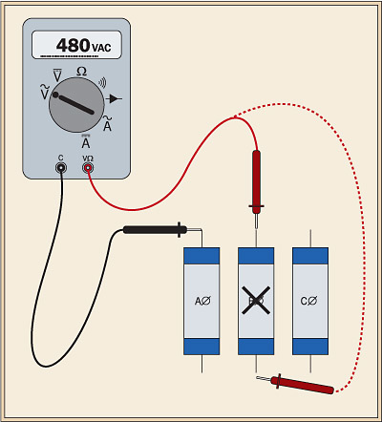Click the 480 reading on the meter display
(x=74, y=45)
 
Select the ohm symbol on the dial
(x=81, y=71)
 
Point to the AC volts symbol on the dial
(x=43, y=91)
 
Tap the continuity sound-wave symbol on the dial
(x=102, y=79)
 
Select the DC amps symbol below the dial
(x=86, y=140)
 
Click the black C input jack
(x=61, y=168)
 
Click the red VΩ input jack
(x=88, y=168)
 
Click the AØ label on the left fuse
(x=202, y=301)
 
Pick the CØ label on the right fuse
(x=308, y=301)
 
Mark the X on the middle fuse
(x=255, y=301)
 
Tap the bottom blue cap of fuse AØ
(x=202, y=348)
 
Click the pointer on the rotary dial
(x=76, y=104)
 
